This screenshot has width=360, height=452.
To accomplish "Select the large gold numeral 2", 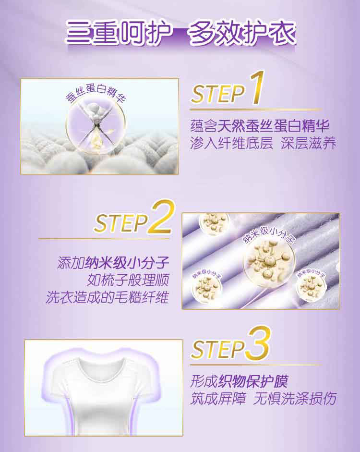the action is pyautogui.click(x=161, y=217).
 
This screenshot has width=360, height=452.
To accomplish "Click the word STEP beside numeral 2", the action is pyautogui.click(x=121, y=223).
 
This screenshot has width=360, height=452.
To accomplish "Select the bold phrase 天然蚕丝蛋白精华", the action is pyautogui.click(x=273, y=126).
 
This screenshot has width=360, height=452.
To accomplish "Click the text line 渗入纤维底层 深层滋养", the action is pyautogui.click(x=263, y=143).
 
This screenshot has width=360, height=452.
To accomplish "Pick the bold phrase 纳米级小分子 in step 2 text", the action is pyautogui.click(x=126, y=263).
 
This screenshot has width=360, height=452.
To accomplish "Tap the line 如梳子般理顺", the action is pyautogui.click(x=128, y=280).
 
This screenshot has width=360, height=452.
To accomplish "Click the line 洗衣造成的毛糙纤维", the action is pyautogui.click(x=107, y=297).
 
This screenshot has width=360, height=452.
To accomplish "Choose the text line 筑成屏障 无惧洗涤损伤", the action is pyautogui.click(x=263, y=399).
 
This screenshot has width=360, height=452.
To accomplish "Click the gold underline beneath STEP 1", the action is pyautogui.click(x=256, y=110).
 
